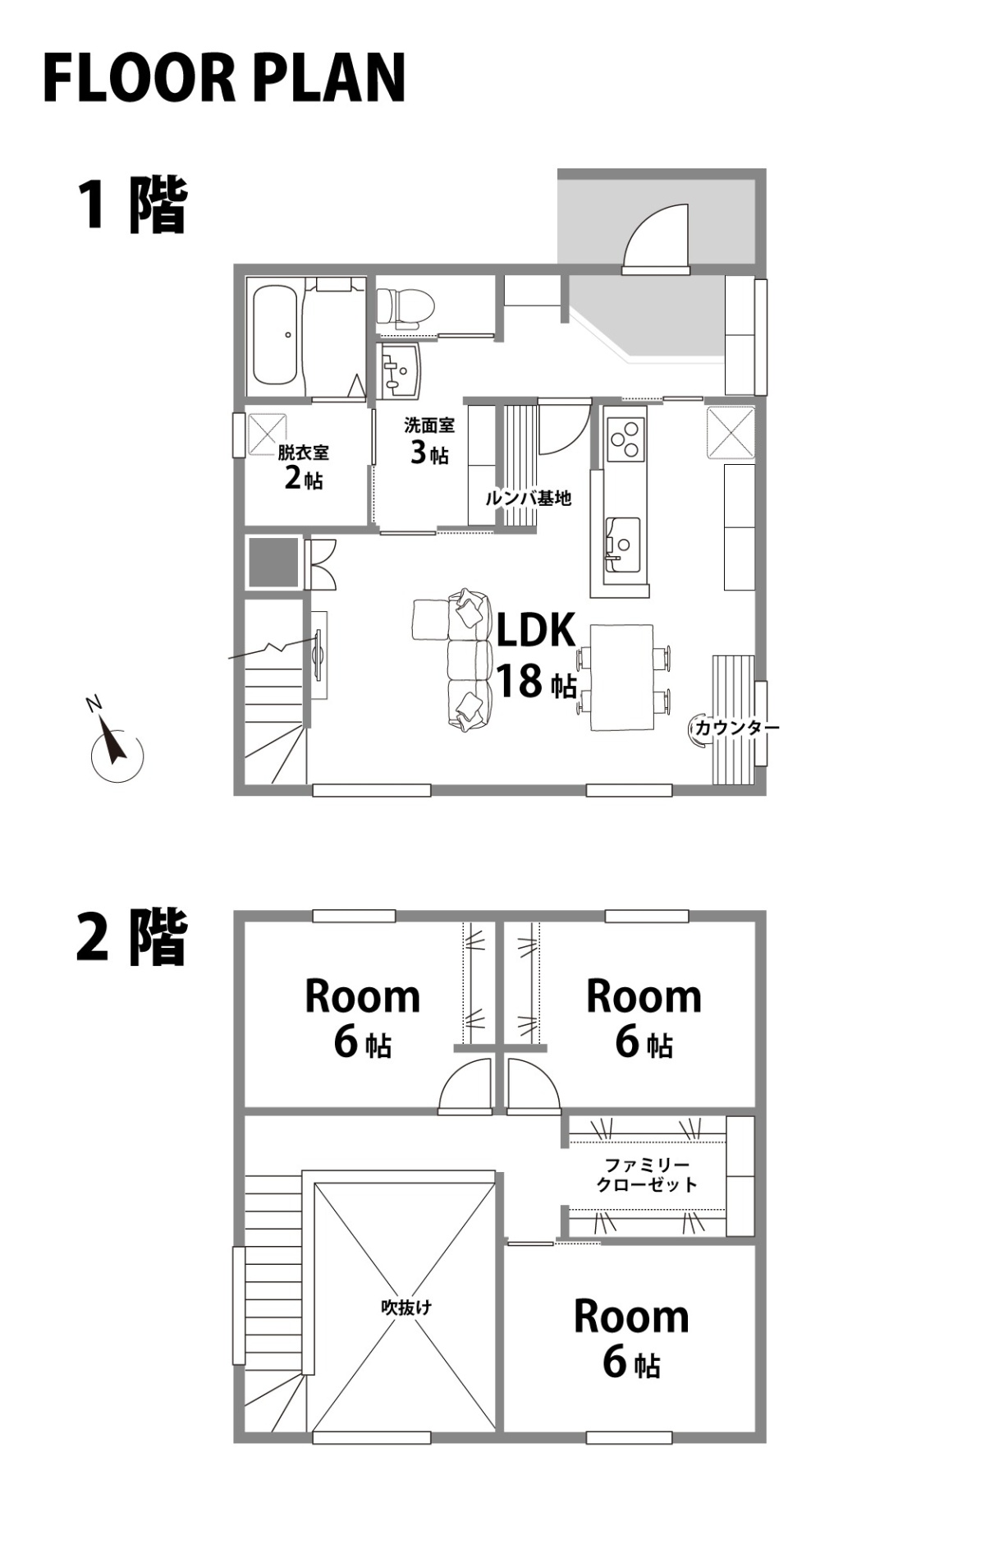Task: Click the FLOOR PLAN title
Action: point(224,77)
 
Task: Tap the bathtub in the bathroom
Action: point(274,335)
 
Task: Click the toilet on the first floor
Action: point(405,306)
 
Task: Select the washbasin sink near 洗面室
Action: point(400,371)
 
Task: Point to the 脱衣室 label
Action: point(303,452)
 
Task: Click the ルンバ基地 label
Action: point(528,498)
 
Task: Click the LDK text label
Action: point(536,630)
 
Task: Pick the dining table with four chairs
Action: point(622,678)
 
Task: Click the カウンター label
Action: point(737,727)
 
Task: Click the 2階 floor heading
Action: point(132,936)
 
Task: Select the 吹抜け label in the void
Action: point(406,1307)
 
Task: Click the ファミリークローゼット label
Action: point(647,1175)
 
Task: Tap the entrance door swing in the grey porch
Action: point(656,238)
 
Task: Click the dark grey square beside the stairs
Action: point(273,563)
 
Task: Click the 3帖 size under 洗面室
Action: point(429,452)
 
